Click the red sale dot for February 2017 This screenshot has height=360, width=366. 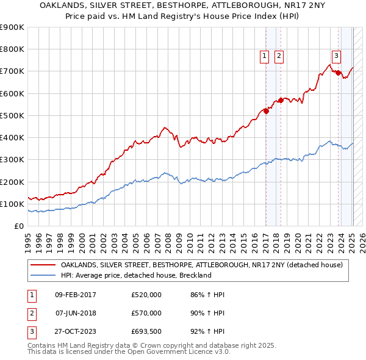[x=266, y=111]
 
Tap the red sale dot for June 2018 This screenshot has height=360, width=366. [x=281, y=100]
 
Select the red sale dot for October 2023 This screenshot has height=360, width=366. [x=339, y=73]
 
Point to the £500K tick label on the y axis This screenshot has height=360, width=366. [x=12, y=115]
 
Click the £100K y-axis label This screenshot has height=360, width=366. [x=12, y=204]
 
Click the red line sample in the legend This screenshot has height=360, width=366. [x=43, y=265]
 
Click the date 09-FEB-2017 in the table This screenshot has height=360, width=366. [x=76, y=295]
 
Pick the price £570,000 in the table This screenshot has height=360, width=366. [x=146, y=313]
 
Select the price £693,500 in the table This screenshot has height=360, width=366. [x=146, y=332]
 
